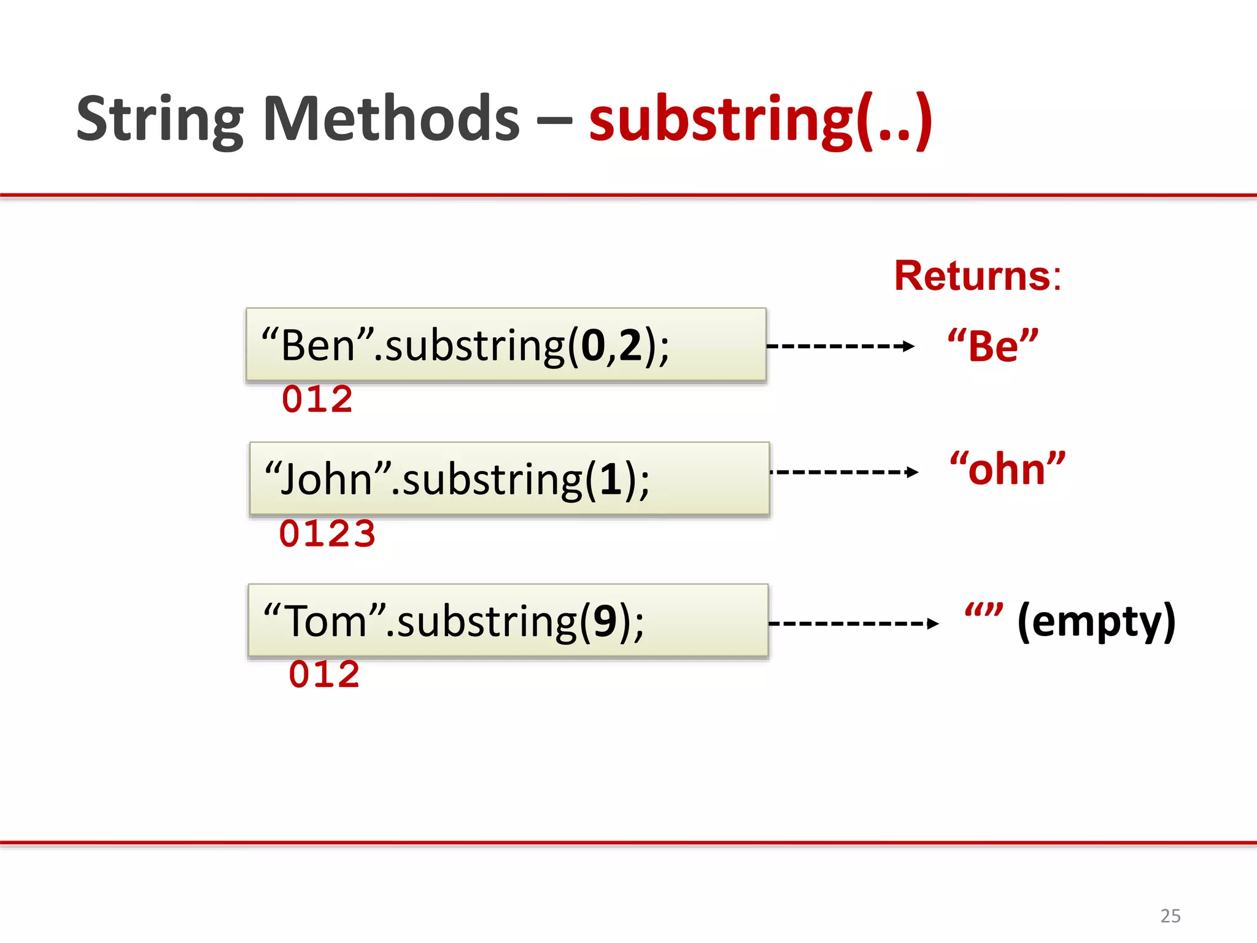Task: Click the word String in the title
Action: point(160,120)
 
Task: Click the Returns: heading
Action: point(977,276)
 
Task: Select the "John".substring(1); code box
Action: point(509,479)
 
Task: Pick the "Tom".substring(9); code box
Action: point(508,621)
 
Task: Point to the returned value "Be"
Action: point(992,346)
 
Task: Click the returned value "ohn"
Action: point(1007,470)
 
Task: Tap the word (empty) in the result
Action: point(1096,622)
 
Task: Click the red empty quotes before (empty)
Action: point(983,611)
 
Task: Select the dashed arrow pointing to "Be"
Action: point(840,346)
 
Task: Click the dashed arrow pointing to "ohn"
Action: point(844,472)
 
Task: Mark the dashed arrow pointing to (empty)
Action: point(853,624)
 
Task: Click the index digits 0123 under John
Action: point(327,534)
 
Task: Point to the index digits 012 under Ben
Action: point(317,400)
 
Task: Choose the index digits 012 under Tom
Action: point(324,675)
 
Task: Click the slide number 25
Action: point(1170,916)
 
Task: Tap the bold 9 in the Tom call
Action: point(605,621)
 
